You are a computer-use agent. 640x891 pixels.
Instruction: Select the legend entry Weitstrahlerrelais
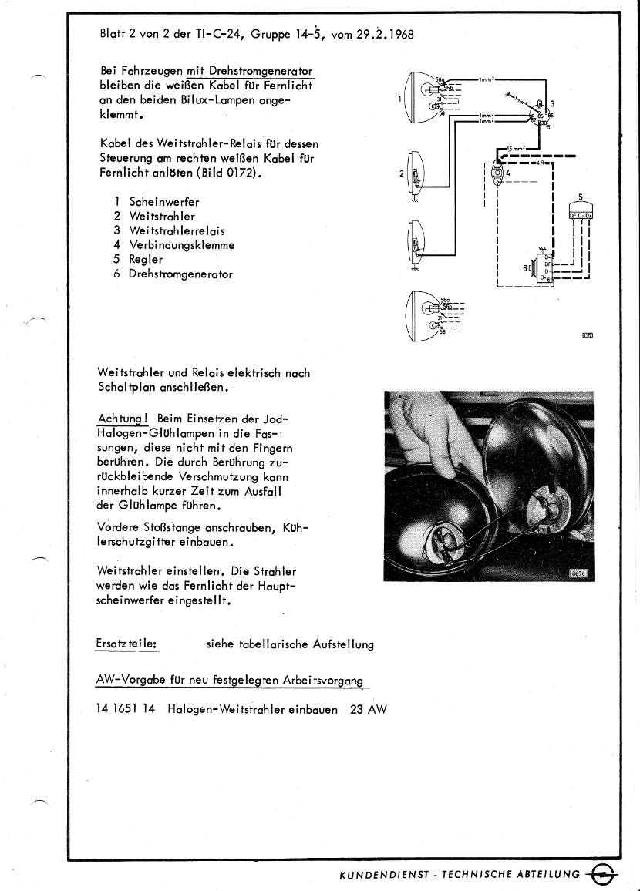click(x=177, y=230)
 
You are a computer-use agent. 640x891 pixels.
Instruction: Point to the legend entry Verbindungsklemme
click(x=181, y=245)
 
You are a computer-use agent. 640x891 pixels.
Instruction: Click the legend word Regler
click(x=146, y=260)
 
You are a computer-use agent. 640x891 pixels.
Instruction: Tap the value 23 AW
click(x=368, y=709)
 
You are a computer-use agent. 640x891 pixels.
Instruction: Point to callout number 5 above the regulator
click(x=580, y=197)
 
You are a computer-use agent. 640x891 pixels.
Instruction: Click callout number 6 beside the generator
click(x=524, y=267)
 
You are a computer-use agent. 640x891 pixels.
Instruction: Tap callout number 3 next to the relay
click(x=552, y=104)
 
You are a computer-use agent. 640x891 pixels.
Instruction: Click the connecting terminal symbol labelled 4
click(x=497, y=173)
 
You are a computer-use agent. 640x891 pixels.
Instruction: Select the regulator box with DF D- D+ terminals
click(x=580, y=214)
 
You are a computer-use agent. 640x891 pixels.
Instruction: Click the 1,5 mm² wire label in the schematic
click(x=514, y=148)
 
